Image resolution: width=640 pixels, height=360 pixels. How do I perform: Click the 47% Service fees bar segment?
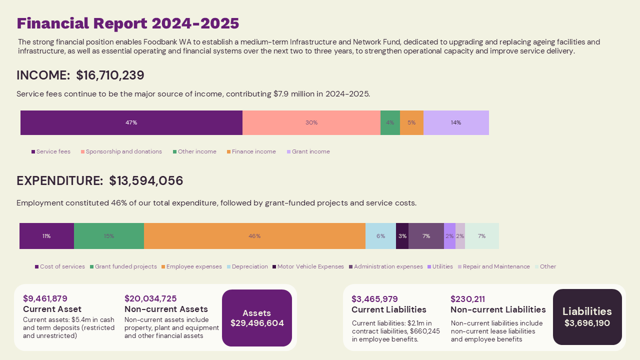pos(131,122)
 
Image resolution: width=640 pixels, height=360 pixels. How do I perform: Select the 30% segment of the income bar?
pos(311,122)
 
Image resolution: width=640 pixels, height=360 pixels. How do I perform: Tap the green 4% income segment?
pos(390,122)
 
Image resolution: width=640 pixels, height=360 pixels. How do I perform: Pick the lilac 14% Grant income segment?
pos(456,122)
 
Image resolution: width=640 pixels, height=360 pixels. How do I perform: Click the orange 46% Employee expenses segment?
pos(254,236)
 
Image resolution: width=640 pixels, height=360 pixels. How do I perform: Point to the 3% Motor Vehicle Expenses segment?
pos(402,236)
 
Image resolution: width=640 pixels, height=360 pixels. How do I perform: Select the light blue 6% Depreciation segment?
pos(380,236)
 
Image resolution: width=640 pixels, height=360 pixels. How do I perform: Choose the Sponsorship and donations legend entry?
pos(121,151)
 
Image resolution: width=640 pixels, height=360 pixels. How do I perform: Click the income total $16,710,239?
pos(110,75)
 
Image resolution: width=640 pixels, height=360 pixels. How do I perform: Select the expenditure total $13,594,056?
pos(146,181)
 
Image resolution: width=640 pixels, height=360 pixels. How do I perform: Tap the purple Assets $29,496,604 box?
pos(257,318)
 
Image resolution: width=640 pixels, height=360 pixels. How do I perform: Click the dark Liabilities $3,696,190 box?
pos(587,317)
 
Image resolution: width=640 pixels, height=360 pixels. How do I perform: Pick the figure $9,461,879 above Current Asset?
pos(45,298)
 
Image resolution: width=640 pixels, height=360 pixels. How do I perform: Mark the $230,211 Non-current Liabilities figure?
pos(467,299)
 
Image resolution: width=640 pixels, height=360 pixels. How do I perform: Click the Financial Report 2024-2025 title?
pos(128,23)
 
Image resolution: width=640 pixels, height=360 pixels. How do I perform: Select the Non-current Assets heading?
pos(166,309)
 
